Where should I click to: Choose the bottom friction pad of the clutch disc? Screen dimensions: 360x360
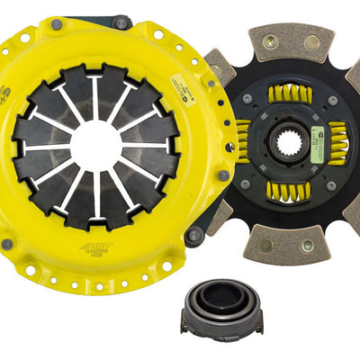coord(286,240)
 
